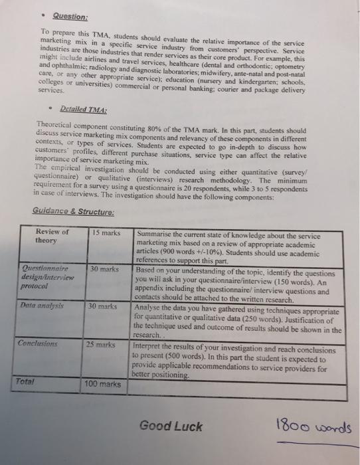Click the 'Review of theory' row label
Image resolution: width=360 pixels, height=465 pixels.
point(52,236)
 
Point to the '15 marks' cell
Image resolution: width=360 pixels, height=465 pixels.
point(106,233)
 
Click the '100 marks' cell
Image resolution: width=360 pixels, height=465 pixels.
point(103,384)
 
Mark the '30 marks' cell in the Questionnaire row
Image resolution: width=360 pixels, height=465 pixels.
point(104,269)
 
